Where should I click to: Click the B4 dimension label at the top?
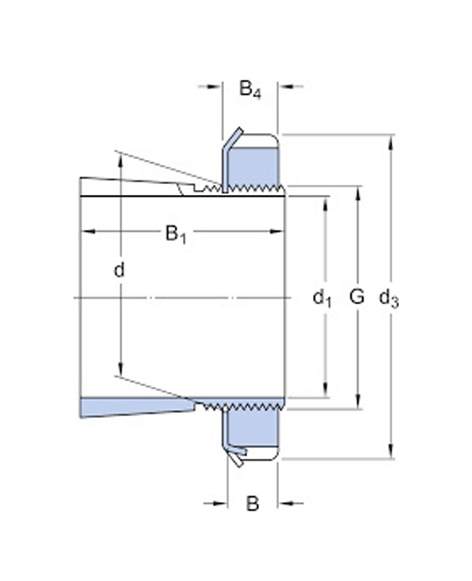click(x=251, y=88)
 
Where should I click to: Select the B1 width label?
click(x=176, y=234)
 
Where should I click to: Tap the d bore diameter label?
click(x=120, y=271)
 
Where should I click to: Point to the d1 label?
click(x=322, y=298)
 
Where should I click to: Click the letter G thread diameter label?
click(x=357, y=297)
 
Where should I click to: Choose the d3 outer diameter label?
click(x=390, y=298)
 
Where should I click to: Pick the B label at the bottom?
click(x=252, y=505)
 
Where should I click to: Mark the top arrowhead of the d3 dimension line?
click(x=393, y=140)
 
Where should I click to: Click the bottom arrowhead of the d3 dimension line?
click(x=393, y=454)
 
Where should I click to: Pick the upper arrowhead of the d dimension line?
click(x=120, y=162)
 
